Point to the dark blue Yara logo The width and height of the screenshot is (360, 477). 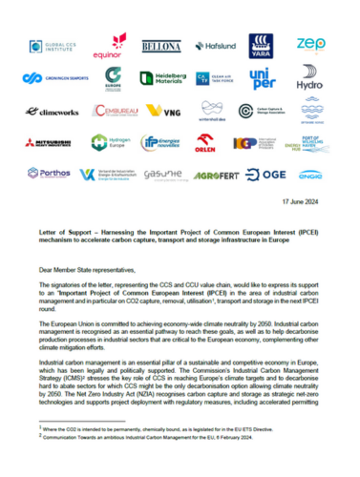(x=264, y=46)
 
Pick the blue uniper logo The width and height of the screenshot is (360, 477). (x=264, y=78)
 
